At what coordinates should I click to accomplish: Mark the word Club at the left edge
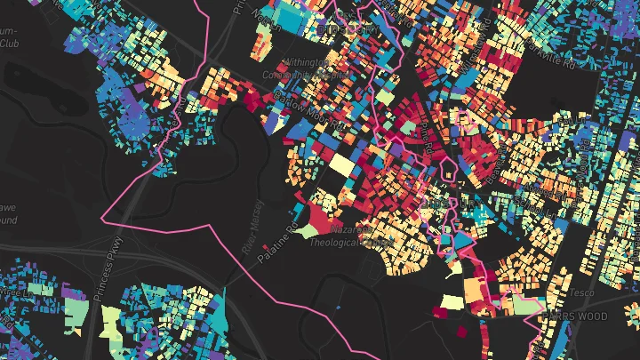coord(10,42)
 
